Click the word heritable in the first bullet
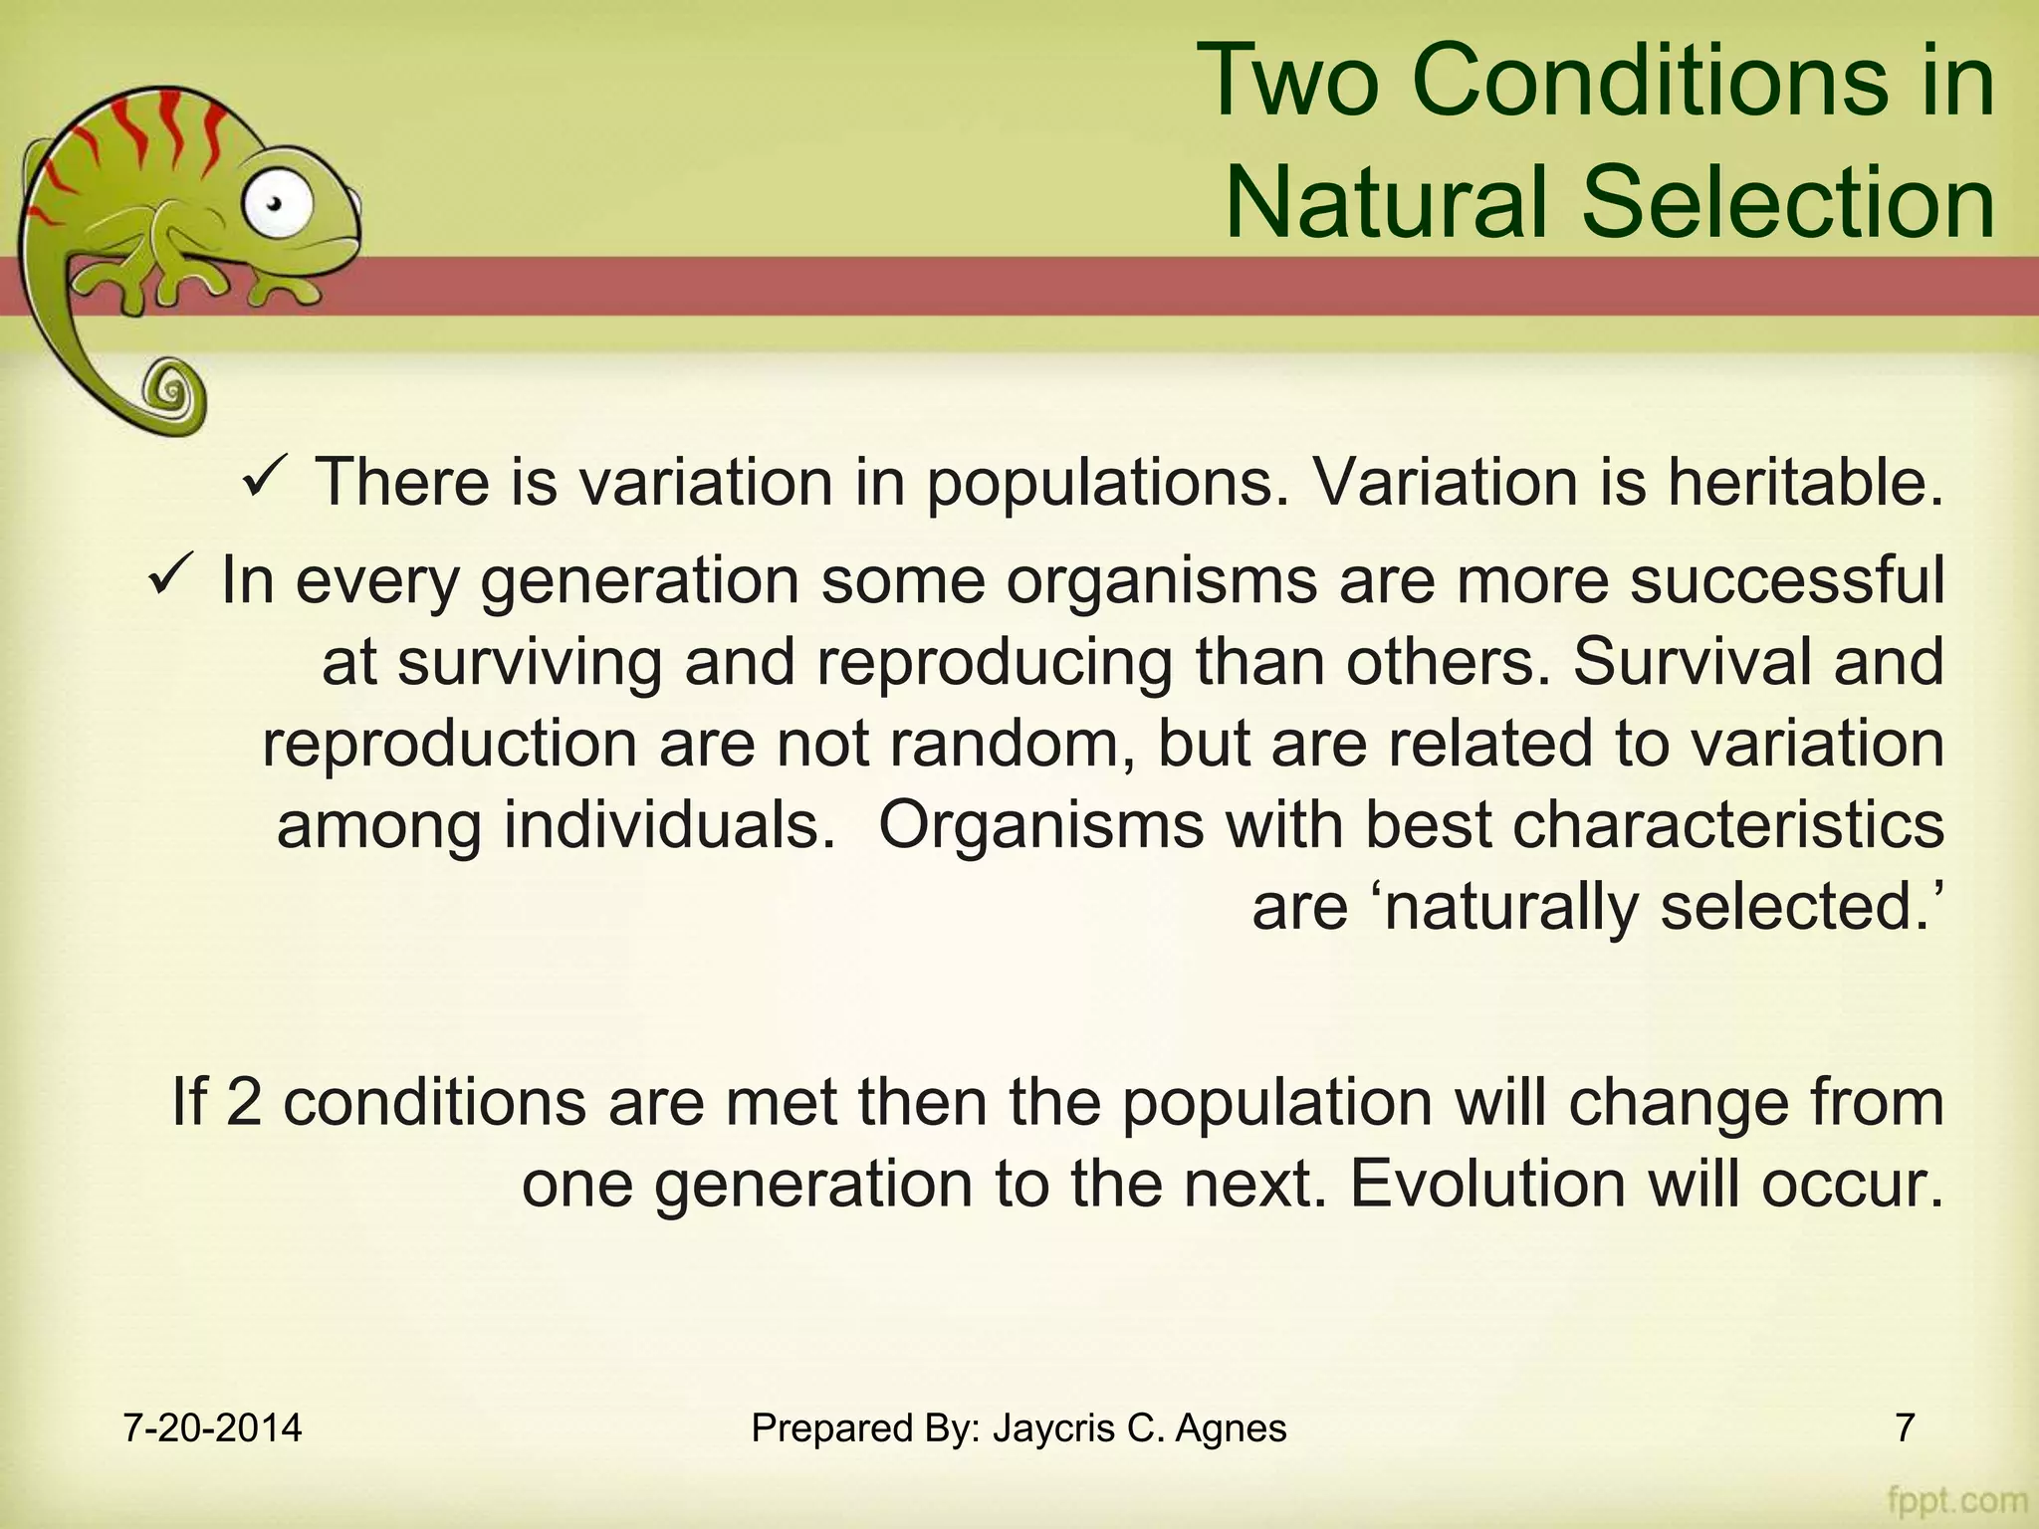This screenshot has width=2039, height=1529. coord(1804,483)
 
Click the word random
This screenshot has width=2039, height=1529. coord(1010,744)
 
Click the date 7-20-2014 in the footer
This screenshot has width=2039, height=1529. coord(212,1428)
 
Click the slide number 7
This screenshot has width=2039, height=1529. coord(1904,1428)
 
